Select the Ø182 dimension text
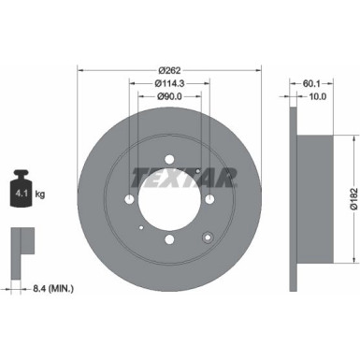pos(350,203)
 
